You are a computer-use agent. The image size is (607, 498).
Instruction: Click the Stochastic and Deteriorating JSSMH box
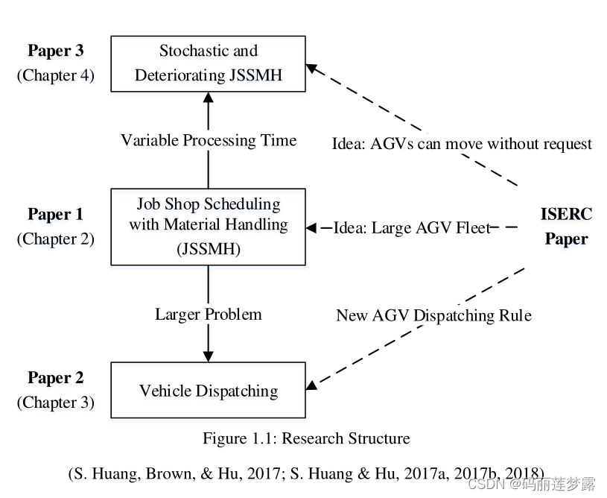[x=208, y=63]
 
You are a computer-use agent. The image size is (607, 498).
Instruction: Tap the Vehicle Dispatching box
[x=208, y=391]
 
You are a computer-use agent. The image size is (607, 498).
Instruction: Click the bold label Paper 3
[x=56, y=51]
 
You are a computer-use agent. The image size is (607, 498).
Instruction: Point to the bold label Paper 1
[x=56, y=215]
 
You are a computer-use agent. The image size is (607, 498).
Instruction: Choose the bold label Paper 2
[x=56, y=378]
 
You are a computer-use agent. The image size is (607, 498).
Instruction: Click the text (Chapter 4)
[x=56, y=75]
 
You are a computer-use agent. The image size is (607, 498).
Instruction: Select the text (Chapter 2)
[x=56, y=239]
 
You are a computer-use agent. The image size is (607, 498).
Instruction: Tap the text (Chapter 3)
[x=56, y=403]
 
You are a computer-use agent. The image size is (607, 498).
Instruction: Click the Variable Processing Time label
[x=209, y=140]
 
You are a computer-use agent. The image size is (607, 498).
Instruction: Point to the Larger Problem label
[x=209, y=314]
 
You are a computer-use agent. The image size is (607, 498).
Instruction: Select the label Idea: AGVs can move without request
[x=462, y=143]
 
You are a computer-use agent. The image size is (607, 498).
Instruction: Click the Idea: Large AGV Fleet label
[x=412, y=227]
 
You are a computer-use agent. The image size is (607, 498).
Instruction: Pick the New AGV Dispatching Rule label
[x=433, y=315]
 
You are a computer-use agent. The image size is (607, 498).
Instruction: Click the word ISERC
[x=566, y=215]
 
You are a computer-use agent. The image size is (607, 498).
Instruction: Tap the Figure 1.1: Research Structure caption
[x=306, y=438]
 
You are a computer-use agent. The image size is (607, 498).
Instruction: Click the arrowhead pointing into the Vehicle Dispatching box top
[x=208, y=356]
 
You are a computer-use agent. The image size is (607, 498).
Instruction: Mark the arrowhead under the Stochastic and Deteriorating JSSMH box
[x=208, y=98]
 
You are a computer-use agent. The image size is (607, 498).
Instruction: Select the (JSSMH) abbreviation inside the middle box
[x=209, y=249]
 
